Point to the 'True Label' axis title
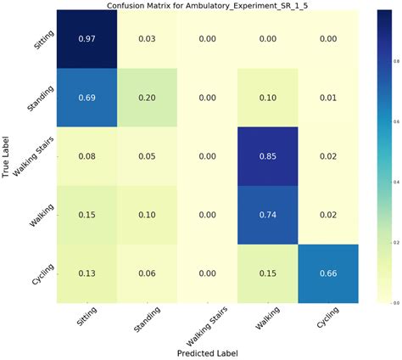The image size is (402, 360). (x=7, y=156)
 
